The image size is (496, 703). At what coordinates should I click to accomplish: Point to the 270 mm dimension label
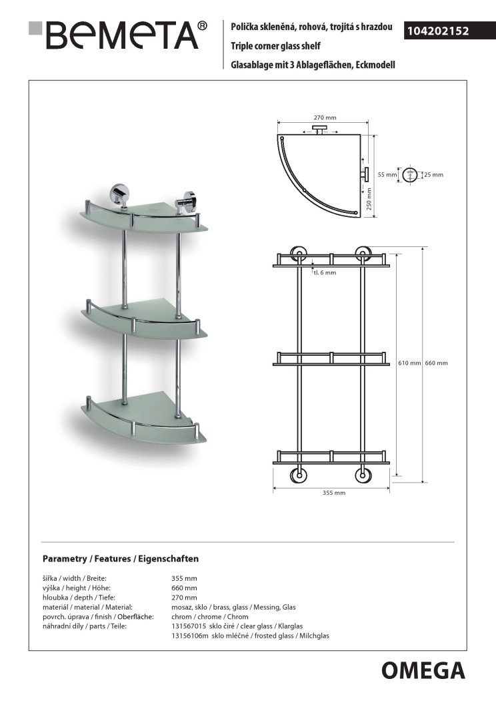click(x=325, y=118)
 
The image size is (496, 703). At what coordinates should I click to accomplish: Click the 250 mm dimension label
click(x=369, y=198)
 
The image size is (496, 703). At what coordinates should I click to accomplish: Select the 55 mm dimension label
click(x=387, y=174)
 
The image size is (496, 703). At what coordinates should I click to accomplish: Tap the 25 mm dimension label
click(x=433, y=174)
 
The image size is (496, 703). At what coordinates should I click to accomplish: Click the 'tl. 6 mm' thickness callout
click(x=325, y=272)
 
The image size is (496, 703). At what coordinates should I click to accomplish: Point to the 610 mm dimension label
click(x=410, y=363)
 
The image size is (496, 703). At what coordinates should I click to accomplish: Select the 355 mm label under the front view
click(x=333, y=493)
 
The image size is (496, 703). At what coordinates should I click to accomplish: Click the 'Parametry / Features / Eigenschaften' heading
click(x=120, y=558)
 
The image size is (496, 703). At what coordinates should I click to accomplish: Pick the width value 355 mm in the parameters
click(x=185, y=578)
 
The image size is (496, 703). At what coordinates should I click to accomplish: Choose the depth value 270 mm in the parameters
click(x=185, y=598)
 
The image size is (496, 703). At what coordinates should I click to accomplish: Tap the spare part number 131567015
click(x=190, y=626)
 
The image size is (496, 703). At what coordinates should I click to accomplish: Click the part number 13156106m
click(x=191, y=636)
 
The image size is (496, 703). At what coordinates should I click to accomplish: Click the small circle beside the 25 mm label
click(x=411, y=174)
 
